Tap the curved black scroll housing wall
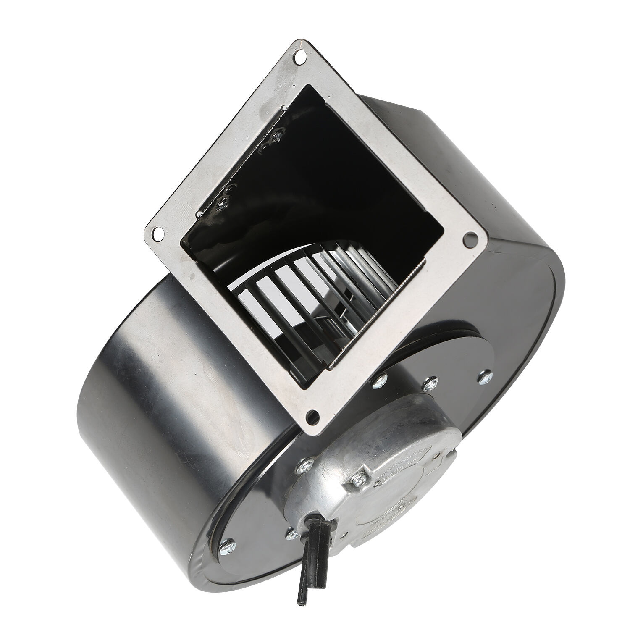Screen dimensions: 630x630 139,378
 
